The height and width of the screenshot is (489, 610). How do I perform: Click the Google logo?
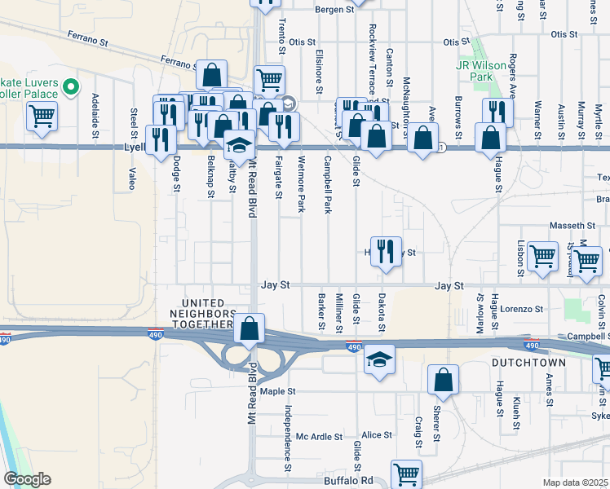pos(27,479)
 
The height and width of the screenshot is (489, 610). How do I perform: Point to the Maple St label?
pos(278,391)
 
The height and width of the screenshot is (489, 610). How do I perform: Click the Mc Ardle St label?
pos(319,436)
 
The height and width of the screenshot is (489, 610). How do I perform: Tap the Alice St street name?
pos(377,435)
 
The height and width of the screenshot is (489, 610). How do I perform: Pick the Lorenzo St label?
pos(522,309)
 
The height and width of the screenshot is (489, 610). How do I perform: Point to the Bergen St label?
pos(336,10)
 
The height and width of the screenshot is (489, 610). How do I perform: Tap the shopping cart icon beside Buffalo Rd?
pos(406,473)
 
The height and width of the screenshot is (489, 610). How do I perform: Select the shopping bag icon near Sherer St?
pos(443,378)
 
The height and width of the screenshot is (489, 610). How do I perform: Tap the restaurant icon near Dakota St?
pos(384,249)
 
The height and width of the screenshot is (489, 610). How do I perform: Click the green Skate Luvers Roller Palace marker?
pos(70,85)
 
